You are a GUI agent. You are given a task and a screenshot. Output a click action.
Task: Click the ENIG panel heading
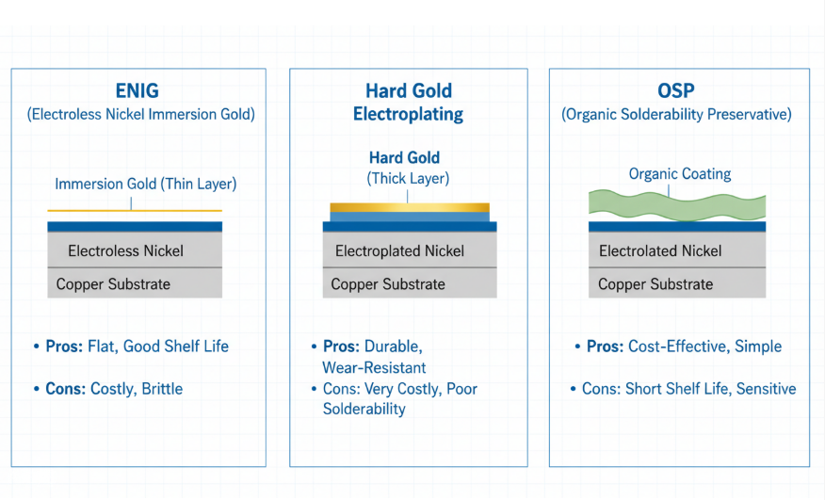click(x=137, y=91)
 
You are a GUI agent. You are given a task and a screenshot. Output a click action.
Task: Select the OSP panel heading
click(x=678, y=91)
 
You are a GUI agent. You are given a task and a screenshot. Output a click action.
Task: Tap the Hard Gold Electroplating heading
click(x=408, y=103)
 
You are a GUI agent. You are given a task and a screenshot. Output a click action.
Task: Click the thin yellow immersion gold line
click(x=135, y=210)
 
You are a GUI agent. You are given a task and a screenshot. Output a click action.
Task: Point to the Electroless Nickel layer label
click(x=125, y=251)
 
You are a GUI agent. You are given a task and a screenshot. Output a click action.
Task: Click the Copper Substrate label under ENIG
click(x=113, y=284)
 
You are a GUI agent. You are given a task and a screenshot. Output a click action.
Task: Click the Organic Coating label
click(x=679, y=174)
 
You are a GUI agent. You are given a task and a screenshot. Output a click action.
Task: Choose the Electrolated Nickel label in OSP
click(x=660, y=251)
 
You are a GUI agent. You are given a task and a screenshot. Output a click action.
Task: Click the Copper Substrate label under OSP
click(x=655, y=284)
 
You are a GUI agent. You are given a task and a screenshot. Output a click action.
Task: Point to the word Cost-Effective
click(x=676, y=347)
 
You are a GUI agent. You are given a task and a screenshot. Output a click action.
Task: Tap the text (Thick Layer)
click(x=408, y=178)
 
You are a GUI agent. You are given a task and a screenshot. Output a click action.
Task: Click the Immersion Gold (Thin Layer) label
click(x=146, y=185)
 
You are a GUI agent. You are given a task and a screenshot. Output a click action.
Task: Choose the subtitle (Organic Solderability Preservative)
click(x=676, y=115)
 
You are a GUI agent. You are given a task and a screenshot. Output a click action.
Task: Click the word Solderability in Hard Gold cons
click(x=364, y=410)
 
